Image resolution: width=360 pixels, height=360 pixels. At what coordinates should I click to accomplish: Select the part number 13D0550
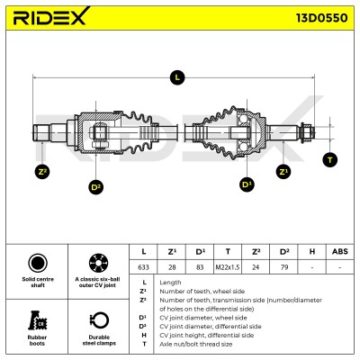tap(322, 18)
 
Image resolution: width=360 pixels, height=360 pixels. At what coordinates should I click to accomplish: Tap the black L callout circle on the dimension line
tap(177, 77)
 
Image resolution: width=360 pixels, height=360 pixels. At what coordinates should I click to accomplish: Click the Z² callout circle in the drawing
tap(42, 172)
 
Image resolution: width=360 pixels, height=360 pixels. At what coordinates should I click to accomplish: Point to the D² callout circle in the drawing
tap(95, 187)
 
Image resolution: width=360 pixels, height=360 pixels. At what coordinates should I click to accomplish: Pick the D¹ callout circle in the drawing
tap(247, 184)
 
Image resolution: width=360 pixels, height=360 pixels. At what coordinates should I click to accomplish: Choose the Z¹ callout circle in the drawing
tap(283, 172)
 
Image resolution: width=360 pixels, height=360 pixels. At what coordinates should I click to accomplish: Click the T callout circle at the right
tap(330, 160)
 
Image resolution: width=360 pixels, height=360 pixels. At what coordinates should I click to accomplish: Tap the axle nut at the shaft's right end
tap(307, 132)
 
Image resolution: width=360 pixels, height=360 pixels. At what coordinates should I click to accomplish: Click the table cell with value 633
tap(143, 266)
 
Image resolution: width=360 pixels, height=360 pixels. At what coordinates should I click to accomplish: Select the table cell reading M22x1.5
tap(228, 266)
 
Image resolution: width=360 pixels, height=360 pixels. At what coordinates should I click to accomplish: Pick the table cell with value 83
tap(200, 266)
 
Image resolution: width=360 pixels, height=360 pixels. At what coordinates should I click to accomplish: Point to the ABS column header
tap(340, 251)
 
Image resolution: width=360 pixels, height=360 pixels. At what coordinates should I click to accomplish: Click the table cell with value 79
tap(284, 266)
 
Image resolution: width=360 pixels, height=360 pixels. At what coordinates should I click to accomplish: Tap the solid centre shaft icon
tap(38, 263)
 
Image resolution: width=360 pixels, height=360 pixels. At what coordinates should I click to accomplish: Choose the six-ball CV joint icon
tap(98, 263)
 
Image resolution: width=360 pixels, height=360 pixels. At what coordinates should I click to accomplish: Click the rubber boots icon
tap(37, 320)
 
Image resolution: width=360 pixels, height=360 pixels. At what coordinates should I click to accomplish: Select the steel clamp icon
tap(99, 320)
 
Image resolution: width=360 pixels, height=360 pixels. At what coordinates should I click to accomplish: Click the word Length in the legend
tap(170, 283)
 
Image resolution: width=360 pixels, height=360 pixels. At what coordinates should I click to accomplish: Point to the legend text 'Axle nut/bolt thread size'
tap(196, 344)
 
